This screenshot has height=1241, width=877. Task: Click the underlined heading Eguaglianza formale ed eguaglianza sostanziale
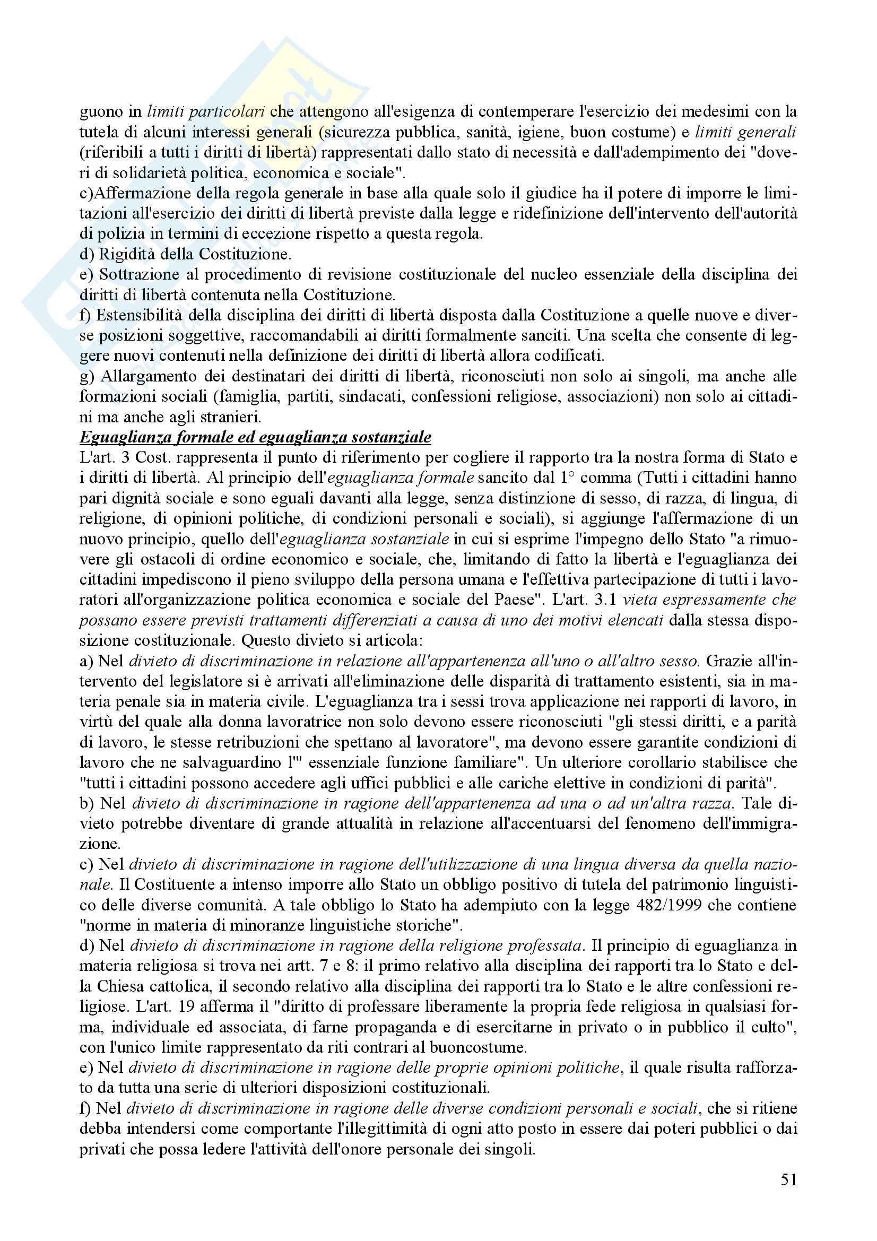(255, 437)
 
